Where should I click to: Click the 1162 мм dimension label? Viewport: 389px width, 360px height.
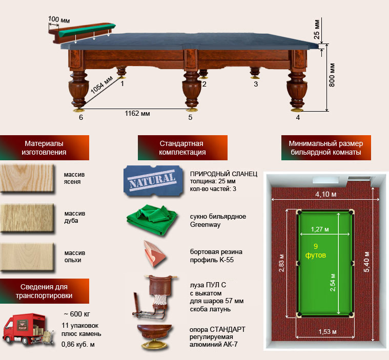coord(137,114)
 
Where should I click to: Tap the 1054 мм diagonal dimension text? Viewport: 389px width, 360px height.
coord(101,85)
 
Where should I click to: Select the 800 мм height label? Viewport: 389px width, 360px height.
coord(332,75)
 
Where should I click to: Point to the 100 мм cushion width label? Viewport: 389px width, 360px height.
coord(59,19)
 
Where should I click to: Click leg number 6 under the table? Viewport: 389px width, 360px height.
coord(81,117)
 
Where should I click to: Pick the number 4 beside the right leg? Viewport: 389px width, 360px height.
coord(298,117)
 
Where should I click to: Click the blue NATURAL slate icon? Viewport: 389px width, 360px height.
coord(153,180)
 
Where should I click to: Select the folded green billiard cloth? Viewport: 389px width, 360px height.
coord(152,219)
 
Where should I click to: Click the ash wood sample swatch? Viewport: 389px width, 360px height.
coord(27,178)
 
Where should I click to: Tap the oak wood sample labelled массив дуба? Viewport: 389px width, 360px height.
coord(27,218)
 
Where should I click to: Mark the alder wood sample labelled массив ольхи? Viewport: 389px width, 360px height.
coord(27,257)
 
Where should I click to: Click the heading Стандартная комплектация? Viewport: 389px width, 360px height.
coord(182,148)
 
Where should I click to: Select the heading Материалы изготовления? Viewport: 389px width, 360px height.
coord(44,148)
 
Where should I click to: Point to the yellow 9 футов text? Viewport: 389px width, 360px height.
coord(316,250)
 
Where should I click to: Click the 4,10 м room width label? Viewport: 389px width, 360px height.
coord(326,195)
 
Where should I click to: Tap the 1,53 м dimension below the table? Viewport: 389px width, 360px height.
coord(327,332)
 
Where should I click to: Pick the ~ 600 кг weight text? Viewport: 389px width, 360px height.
coord(77,314)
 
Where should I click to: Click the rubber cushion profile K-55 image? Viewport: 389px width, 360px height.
coord(154,253)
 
